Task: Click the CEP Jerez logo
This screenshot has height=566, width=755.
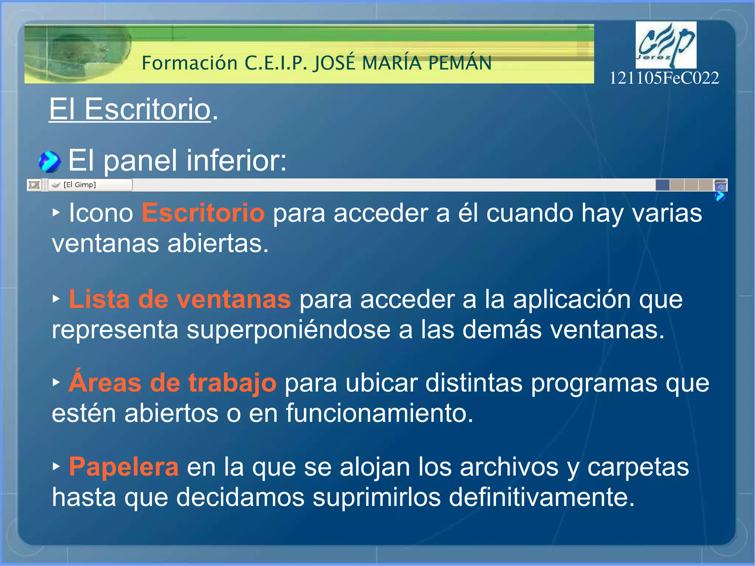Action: [666, 45]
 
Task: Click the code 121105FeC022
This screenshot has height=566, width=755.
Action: [664, 78]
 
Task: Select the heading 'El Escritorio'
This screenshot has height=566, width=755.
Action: [130, 109]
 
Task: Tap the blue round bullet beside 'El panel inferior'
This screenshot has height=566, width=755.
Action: [49, 162]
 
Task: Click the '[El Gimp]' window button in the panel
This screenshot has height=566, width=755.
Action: [90, 185]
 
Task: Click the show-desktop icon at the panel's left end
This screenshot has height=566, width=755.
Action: [34, 185]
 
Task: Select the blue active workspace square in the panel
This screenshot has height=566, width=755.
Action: [662, 185]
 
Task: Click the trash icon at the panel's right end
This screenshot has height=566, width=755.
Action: [720, 185]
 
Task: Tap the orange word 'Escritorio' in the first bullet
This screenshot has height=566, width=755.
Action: [203, 213]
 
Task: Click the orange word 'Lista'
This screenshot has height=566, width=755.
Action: [99, 299]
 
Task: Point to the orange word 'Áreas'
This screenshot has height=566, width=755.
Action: [105, 382]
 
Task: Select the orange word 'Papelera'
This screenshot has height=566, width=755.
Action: [124, 467]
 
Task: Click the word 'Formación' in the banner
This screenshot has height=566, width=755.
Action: [190, 63]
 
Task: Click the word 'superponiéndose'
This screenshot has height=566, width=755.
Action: [288, 330]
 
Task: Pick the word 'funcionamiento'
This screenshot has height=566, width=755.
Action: [379, 413]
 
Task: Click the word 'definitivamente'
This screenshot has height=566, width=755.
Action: [542, 497]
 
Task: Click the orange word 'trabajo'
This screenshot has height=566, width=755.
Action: [232, 383]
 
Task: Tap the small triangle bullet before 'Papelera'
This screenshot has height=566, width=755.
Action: [56, 466]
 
